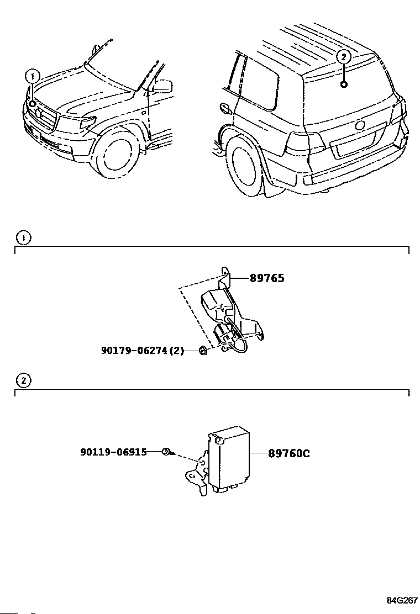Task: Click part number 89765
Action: click(x=267, y=278)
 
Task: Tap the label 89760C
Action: click(x=288, y=453)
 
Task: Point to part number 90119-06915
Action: click(x=114, y=452)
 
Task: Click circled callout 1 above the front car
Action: click(x=32, y=76)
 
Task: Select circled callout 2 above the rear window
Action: click(x=343, y=57)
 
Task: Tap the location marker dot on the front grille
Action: click(x=32, y=104)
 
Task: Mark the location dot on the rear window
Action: click(x=344, y=84)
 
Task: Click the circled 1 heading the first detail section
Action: click(x=24, y=237)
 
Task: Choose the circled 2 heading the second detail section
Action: click(x=24, y=380)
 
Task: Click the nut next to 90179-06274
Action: click(x=203, y=351)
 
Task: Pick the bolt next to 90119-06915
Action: click(x=166, y=452)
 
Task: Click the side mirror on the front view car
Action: click(x=162, y=87)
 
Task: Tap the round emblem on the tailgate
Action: click(x=359, y=126)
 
